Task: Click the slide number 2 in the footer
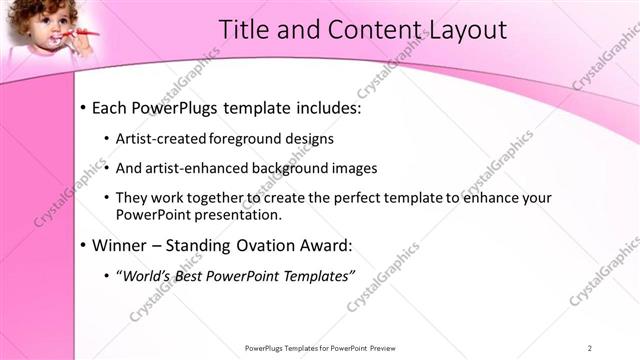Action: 589,347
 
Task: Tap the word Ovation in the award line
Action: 280,245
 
